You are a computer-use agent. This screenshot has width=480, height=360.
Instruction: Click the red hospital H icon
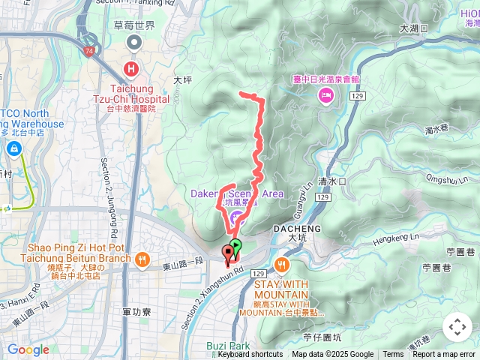coord(132,70)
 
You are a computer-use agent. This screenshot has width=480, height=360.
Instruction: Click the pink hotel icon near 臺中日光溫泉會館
coord(326,94)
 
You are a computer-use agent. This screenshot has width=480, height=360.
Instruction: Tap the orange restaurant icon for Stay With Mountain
coord(281,265)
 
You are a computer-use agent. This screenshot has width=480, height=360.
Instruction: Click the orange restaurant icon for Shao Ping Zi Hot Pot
coord(142,259)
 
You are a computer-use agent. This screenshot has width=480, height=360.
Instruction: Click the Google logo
coord(28,349)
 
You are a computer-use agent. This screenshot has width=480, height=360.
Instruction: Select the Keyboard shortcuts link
coord(250,355)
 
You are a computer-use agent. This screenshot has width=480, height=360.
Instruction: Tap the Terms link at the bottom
coord(393,355)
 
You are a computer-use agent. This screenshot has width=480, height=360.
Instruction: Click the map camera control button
coord(457,327)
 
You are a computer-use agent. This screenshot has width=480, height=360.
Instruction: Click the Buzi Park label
coord(227,346)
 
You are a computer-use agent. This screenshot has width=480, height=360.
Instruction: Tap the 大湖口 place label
coord(414,28)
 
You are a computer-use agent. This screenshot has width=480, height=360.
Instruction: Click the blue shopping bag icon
coord(13,149)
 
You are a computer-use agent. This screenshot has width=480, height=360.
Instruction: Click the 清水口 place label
coord(331,181)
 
